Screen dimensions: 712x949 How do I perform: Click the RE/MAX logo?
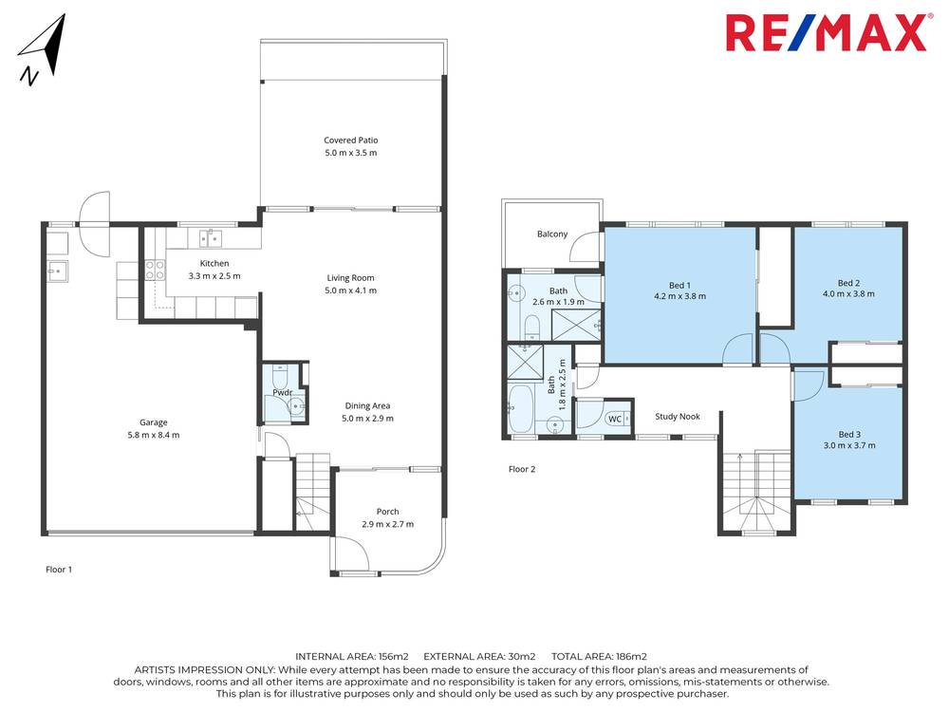pos(826,33)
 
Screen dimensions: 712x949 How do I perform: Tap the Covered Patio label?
pos(350,140)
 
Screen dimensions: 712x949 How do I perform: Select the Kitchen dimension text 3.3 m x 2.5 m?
pos(214,276)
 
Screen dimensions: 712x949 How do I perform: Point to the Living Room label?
pos(350,278)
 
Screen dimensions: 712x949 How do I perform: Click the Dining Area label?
pos(368,405)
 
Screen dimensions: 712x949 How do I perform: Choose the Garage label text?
pos(153,422)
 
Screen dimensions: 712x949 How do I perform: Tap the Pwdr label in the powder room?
pos(282,391)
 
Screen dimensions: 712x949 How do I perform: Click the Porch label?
pos(387,512)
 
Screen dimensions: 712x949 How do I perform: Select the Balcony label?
pos(552,234)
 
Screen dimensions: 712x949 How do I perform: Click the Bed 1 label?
pos(679,283)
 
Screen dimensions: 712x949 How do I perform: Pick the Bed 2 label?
pos(848,282)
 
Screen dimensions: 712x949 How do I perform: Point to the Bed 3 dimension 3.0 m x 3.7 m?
pos(848,445)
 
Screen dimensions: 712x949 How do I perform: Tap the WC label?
pos(614,419)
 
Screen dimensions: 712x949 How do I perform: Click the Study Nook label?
pos(678,416)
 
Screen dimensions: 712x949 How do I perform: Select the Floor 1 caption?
pos(59,570)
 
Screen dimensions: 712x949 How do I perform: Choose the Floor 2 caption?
pos(522,469)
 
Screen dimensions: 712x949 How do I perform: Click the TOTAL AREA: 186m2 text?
pos(598,656)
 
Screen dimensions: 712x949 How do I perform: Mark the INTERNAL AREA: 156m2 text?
pos(352,656)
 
